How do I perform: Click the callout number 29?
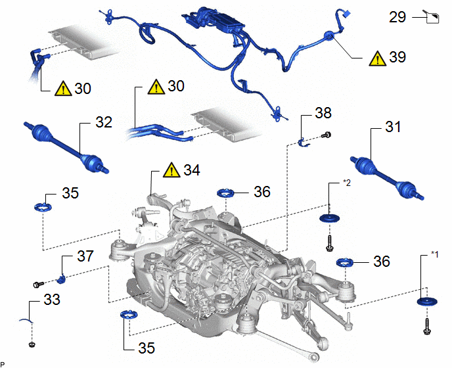click(x=397, y=17)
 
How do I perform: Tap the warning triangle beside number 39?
click(x=377, y=58)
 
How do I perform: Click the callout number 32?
click(x=104, y=122)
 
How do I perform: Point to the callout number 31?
click(x=393, y=127)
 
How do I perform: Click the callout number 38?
click(x=323, y=113)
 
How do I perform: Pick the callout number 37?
click(x=85, y=256)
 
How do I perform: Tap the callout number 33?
click(x=52, y=300)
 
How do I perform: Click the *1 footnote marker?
click(x=434, y=254)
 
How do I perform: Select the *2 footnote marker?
click(x=347, y=183)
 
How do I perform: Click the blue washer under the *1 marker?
click(x=427, y=302)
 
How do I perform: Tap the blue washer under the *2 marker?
click(x=330, y=218)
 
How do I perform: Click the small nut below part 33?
click(x=32, y=344)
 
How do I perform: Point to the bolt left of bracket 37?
click(x=38, y=285)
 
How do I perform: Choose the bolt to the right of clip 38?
click(x=326, y=135)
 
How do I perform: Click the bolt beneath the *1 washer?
click(x=427, y=327)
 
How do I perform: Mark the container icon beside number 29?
click(x=432, y=17)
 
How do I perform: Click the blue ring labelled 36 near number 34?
click(x=226, y=193)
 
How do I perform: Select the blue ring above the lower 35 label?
click(x=129, y=314)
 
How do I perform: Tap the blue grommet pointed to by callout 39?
click(x=329, y=36)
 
